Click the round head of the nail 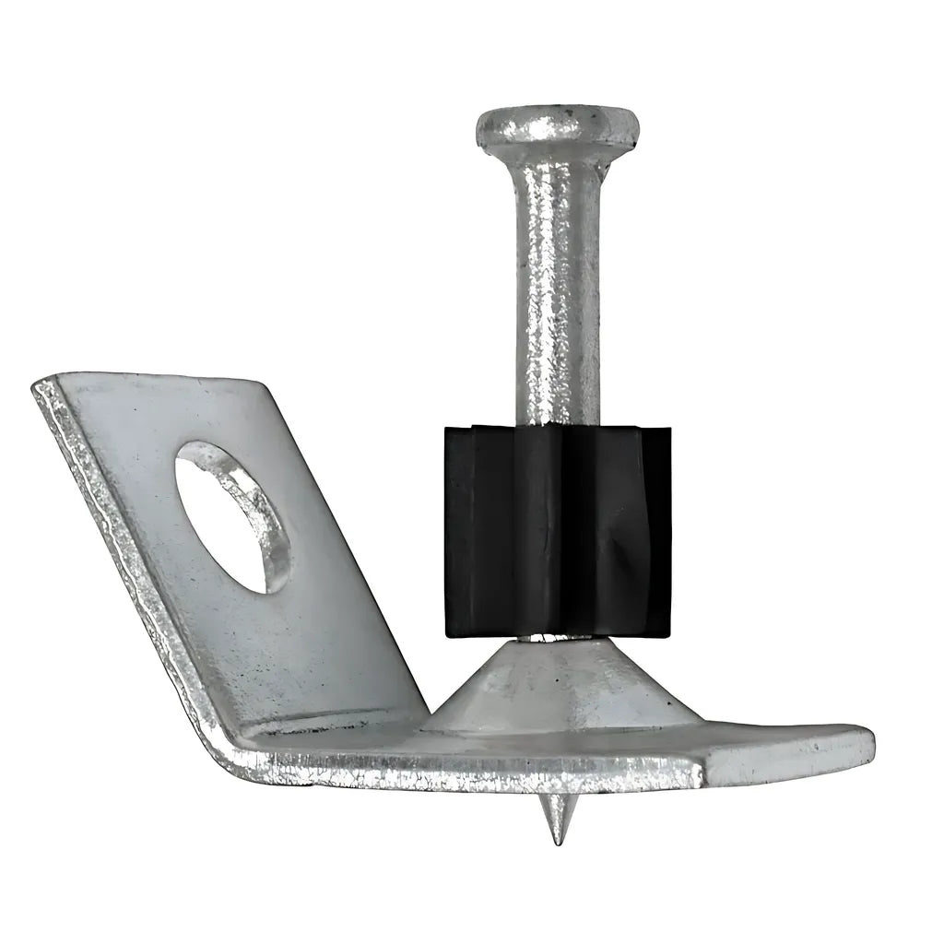coord(558,125)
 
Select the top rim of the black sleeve coord(553,430)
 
